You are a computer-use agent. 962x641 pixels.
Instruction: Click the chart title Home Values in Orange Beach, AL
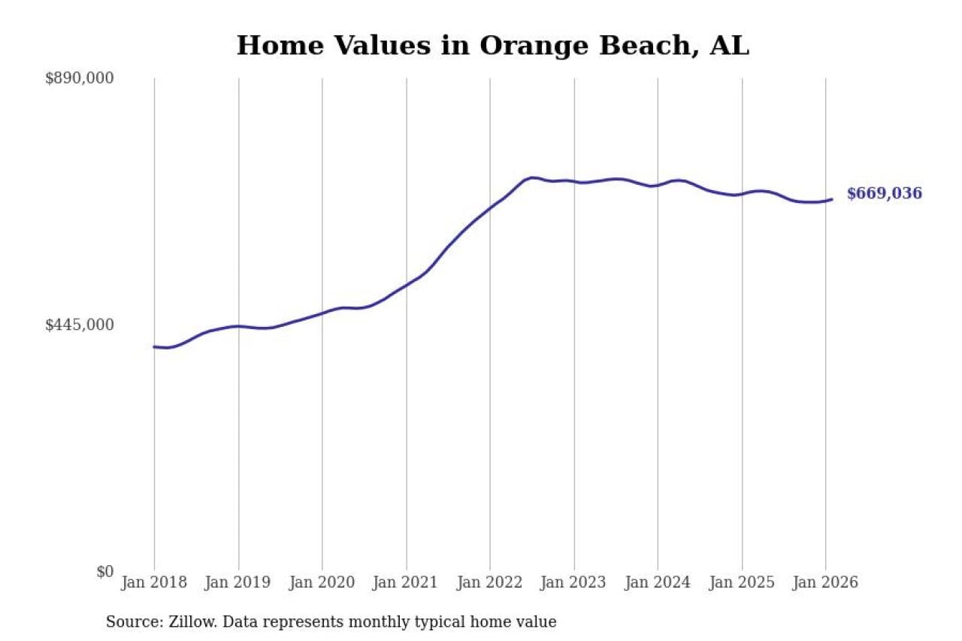492,46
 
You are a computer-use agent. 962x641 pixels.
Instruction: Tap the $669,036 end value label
884,194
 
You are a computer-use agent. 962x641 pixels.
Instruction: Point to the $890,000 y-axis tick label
79,78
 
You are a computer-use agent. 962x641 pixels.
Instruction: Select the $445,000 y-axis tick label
79,325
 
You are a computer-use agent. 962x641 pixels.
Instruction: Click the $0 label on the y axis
104,571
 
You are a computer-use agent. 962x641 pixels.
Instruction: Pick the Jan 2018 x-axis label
154,582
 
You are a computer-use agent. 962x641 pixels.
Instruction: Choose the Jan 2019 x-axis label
238,582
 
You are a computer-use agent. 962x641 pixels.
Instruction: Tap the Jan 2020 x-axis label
322,582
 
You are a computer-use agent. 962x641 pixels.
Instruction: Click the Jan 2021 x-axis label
407,582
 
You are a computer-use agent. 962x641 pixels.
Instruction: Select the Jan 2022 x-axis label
490,582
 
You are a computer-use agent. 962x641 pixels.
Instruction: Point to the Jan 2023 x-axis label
574,582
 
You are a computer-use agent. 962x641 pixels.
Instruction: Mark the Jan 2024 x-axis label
658,582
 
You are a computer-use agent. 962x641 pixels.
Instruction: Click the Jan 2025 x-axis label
742,582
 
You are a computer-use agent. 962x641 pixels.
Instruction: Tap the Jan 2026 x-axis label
825,582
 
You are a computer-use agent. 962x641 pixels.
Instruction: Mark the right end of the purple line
831,199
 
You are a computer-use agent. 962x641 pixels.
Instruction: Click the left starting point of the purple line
154,346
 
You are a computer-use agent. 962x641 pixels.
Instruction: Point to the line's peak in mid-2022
532,178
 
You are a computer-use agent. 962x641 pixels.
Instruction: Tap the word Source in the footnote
129,622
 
